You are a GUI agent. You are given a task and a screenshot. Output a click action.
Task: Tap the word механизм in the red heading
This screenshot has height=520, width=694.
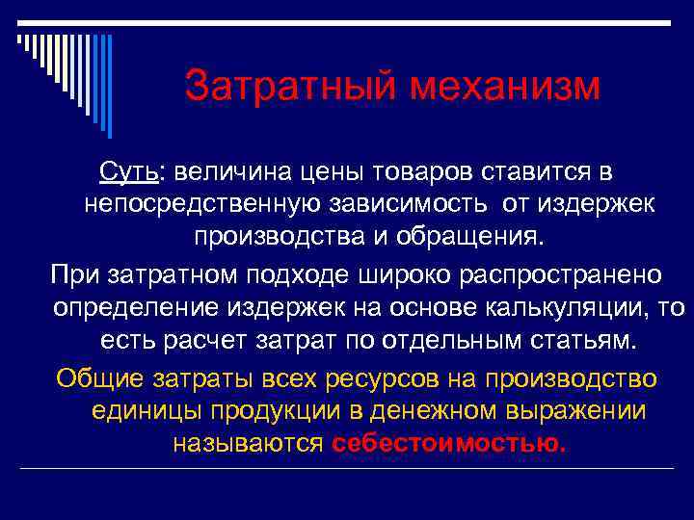(x=506, y=86)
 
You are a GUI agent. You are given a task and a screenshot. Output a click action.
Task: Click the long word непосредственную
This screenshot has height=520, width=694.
(x=211, y=204)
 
